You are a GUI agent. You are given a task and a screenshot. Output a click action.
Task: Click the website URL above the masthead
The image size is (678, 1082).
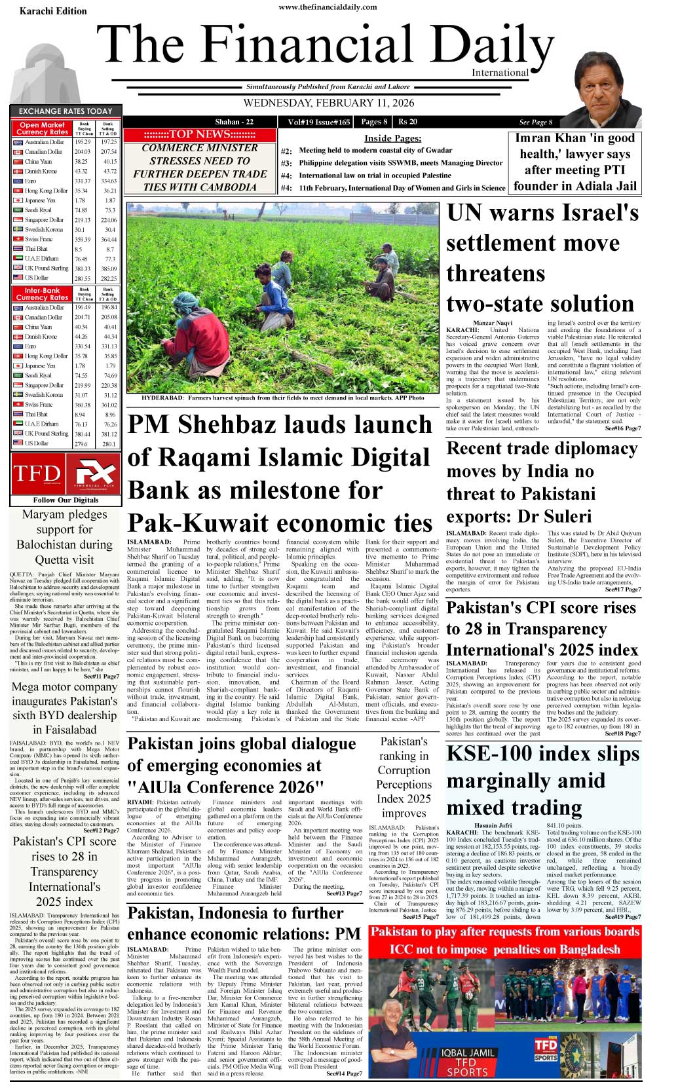[x=337, y=7]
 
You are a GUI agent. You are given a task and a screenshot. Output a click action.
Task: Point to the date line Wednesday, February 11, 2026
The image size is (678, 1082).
[x=328, y=103]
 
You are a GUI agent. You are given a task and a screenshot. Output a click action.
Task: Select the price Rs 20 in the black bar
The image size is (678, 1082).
[x=407, y=122]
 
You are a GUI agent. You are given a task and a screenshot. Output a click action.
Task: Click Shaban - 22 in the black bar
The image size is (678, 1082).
[x=234, y=122]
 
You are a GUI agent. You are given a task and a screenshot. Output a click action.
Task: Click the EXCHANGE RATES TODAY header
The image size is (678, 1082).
[x=66, y=111]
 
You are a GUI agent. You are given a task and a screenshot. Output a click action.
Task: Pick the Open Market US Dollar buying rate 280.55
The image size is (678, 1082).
[x=82, y=278]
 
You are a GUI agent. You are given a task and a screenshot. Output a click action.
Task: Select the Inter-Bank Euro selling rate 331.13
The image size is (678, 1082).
[x=109, y=346]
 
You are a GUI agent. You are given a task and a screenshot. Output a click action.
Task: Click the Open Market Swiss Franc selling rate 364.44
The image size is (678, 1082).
[x=109, y=240]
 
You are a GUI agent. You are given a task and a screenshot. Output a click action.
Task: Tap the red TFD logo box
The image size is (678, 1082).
[x=37, y=473]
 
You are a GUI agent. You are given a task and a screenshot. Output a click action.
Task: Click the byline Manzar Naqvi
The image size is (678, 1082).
[x=493, y=324]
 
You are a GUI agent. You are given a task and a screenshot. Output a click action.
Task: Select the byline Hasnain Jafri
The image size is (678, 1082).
[x=493, y=825]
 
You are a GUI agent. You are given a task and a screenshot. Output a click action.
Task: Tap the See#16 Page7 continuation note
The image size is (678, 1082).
[x=622, y=428]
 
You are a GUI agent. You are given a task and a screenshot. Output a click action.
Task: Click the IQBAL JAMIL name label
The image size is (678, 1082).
[x=468, y=1052]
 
